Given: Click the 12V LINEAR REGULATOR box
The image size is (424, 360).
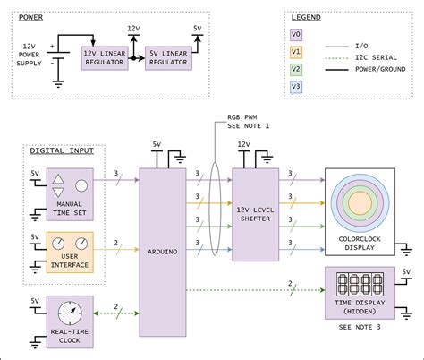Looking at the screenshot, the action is [105, 58].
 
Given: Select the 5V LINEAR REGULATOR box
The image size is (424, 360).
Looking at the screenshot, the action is [168, 58].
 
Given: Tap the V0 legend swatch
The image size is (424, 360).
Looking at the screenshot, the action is [296, 35].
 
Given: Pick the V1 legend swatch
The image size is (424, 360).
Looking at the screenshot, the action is [296, 52].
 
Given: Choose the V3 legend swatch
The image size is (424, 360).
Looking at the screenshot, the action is [296, 87].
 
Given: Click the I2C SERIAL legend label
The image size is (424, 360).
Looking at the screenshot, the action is [376, 57].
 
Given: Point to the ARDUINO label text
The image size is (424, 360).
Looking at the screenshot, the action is [163, 252].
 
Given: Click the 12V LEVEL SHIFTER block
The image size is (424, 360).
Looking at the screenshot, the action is [256, 215].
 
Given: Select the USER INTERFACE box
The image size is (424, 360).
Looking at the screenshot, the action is [70, 253].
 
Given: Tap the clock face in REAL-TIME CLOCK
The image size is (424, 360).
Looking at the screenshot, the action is [70, 313].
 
